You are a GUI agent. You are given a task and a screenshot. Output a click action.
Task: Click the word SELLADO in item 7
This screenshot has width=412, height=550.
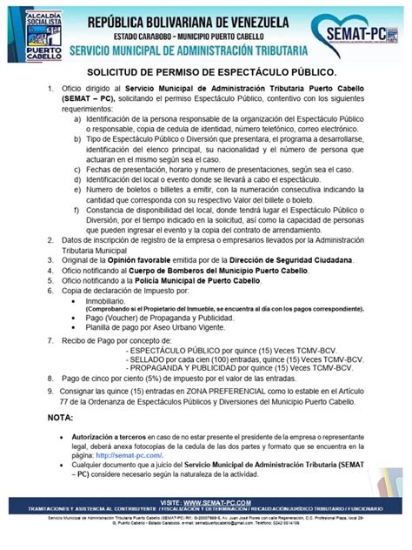coord(150,357)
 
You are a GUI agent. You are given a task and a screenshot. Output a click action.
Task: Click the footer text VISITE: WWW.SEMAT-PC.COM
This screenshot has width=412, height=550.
coord(205,502)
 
